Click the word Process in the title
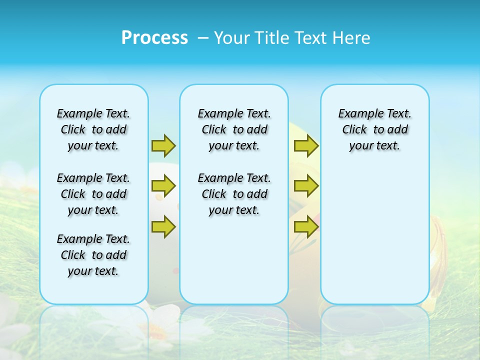point(154,38)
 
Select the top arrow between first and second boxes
point(163,145)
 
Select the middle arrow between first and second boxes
point(163,186)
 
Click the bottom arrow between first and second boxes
point(163,226)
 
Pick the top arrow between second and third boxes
point(306,145)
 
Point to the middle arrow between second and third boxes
point(306,186)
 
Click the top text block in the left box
point(93,129)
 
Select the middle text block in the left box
point(93,194)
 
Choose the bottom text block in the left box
point(93,255)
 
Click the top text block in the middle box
point(234,129)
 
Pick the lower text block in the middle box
point(234,194)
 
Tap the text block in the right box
point(375,129)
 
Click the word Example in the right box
point(357,114)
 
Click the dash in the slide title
point(203,38)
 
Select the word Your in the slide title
point(232,38)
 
